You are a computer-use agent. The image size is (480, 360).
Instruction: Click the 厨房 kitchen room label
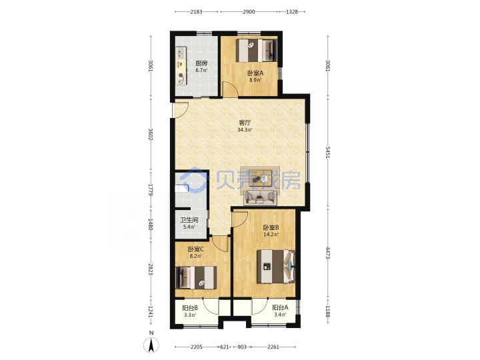click(x=201, y=64)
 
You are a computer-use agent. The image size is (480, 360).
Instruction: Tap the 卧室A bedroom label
click(x=255, y=73)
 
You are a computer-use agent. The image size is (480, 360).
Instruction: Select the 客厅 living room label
click(x=245, y=123)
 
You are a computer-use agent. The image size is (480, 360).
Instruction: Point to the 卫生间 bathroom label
click(x=189, y=220)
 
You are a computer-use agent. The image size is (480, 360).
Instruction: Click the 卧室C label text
click(x=195, y=249)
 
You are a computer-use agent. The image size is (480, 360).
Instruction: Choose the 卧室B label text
click(x=271, y=228)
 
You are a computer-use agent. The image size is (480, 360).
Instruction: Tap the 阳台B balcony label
click(x=190, y=308)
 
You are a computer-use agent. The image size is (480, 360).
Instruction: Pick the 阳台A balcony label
click(x=280, y=307)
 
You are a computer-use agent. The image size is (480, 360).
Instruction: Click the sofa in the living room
click(x=260, y=197)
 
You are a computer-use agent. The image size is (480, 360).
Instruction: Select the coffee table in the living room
click(x=260, y=178)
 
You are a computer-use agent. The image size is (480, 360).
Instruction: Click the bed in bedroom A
click(x=257, y=51)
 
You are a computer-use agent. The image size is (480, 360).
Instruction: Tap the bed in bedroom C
click(x=196, y=277)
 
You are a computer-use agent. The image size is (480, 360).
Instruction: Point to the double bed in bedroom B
click(x=276, y=266)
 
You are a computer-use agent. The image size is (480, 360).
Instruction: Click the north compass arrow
click(x=151, y=345)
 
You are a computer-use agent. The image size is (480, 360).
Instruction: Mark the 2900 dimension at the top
click(x=249, y=12)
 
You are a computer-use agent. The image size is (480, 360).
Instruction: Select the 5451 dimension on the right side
click(x=328, y=153)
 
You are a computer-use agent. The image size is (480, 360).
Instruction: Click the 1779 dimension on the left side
click(x=150, y=189)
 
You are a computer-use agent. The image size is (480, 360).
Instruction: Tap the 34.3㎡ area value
click(x=245, y=130)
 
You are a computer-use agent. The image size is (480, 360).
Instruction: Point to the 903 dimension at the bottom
click(x=242, y=347)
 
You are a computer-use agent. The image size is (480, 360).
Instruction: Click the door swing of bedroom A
click(x=230, y=89)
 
